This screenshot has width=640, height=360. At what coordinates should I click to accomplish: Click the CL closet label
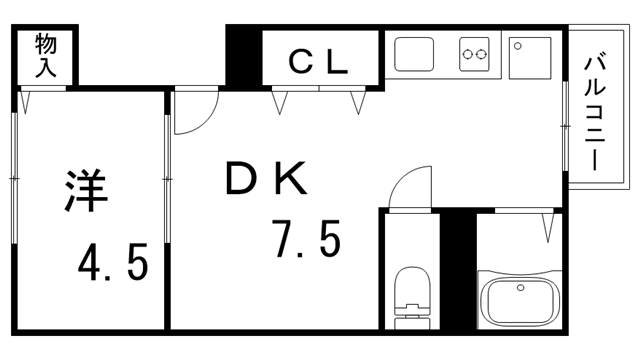[318, 61]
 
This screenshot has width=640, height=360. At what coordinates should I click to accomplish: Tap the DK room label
[266, 178]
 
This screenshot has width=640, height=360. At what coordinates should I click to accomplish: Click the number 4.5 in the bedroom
[113, 262]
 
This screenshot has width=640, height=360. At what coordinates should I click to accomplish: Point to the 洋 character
[86, 191]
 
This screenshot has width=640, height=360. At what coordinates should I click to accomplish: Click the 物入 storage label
[45, 56]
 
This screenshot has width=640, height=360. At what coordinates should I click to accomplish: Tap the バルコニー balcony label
[594, 113]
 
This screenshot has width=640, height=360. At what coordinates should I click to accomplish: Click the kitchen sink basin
[413, 54]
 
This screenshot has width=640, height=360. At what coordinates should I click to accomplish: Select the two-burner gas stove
[474, 54]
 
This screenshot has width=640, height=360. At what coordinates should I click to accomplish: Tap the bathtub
[520, 300]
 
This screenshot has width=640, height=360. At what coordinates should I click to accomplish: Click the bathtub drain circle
[520, 287]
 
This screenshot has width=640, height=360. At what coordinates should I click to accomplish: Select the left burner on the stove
[467, 54]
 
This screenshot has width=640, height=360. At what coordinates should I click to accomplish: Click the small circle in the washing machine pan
[518, 46]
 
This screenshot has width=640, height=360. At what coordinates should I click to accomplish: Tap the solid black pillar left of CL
[244, 57]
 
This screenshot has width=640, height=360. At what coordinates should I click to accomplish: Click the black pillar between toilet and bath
[458, 271]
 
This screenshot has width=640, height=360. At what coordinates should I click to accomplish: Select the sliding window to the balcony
[565, 126]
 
